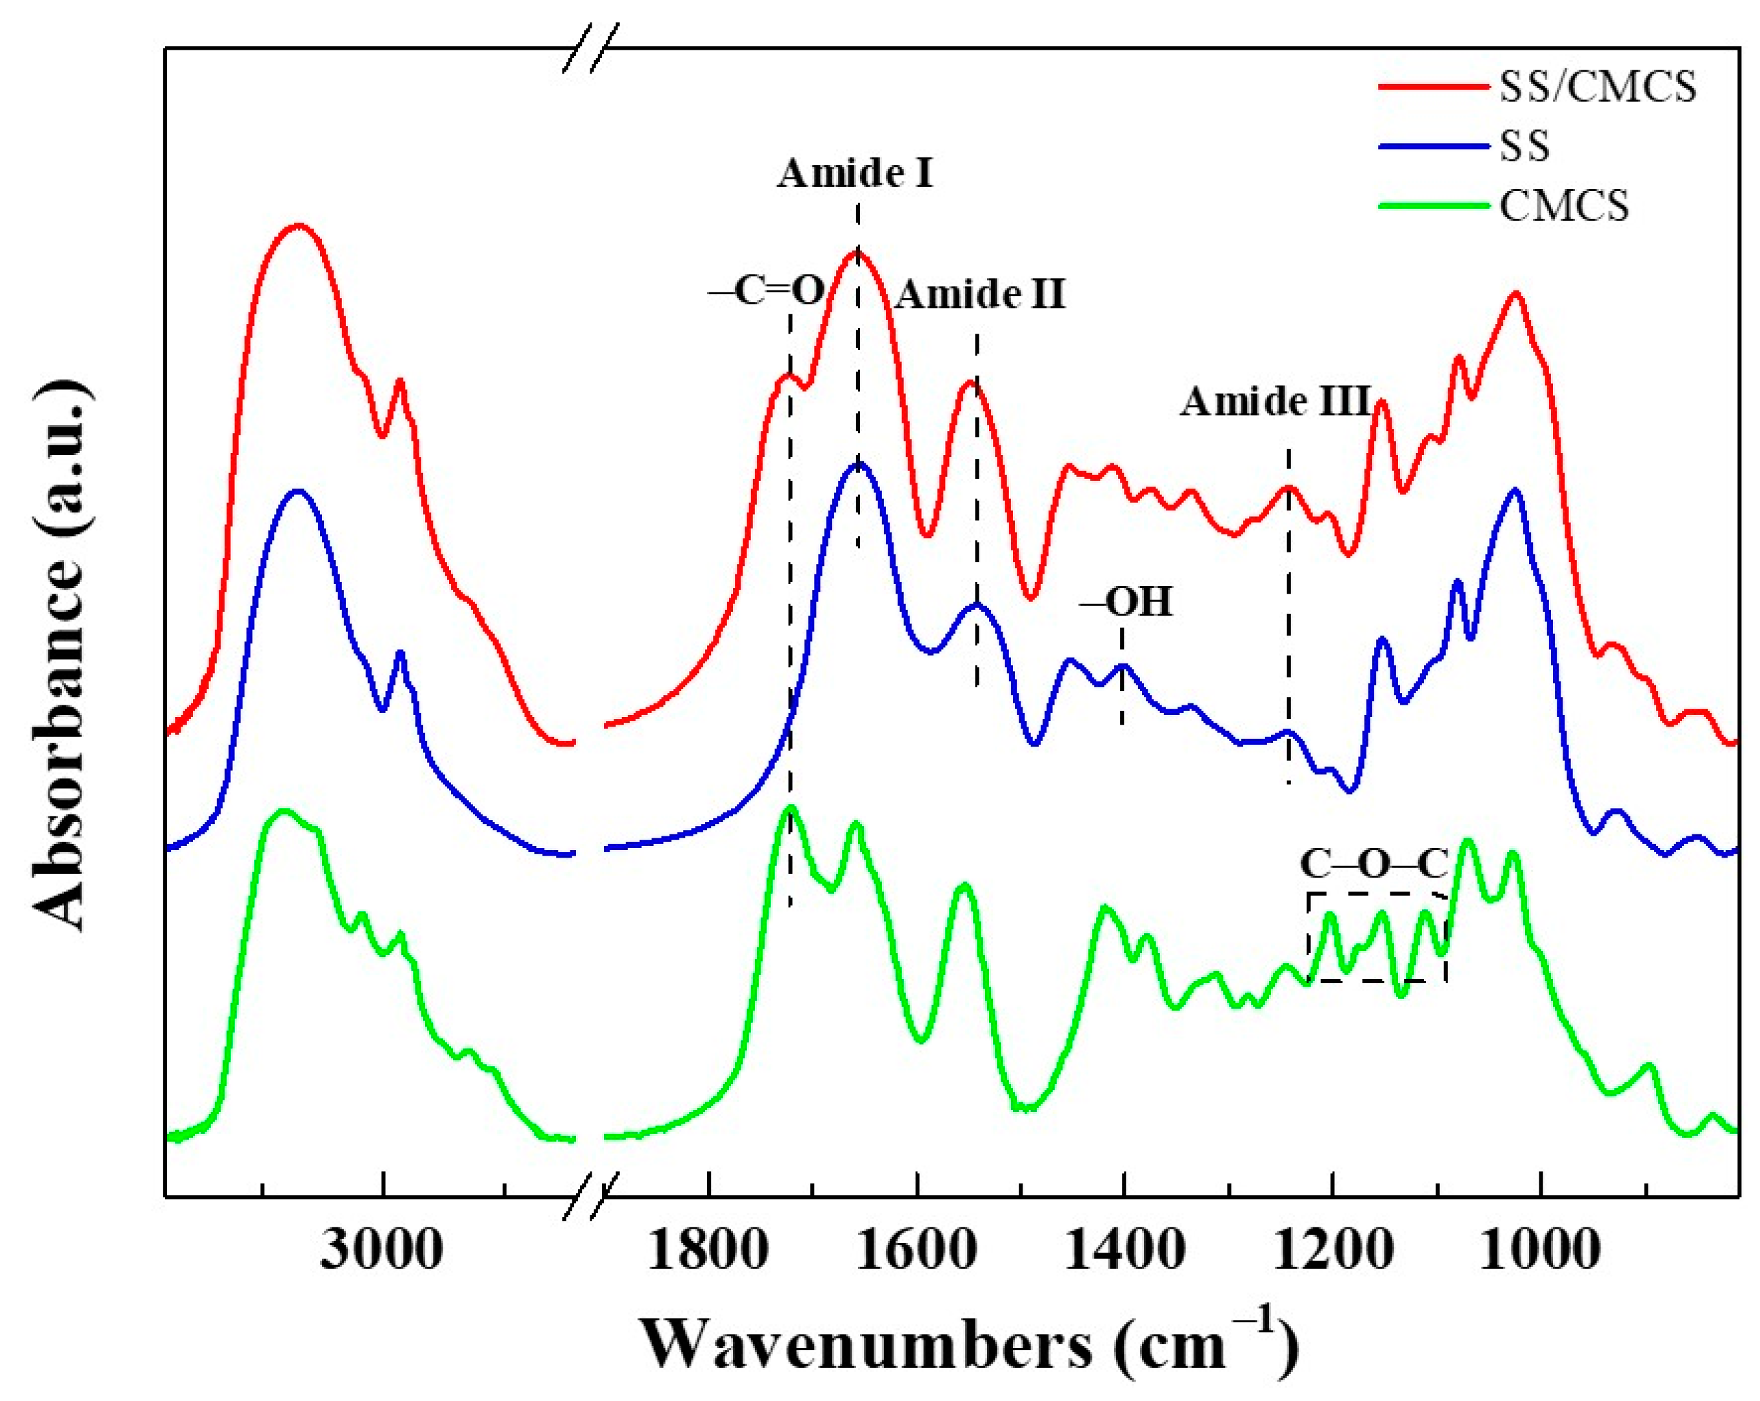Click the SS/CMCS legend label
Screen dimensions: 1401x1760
(x=1597, y=87)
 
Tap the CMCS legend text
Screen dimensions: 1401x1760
(x=1564, y=205)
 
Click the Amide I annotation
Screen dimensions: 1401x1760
(x=855, y=174)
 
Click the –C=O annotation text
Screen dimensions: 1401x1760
(x=766, y=292)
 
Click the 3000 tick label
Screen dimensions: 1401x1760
(x=382, y=1250)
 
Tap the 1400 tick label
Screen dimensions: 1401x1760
(x=1124, y=1250)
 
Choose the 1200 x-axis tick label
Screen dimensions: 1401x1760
(x=1332, y=1250)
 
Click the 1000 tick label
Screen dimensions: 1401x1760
(x=1539, y=1250)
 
